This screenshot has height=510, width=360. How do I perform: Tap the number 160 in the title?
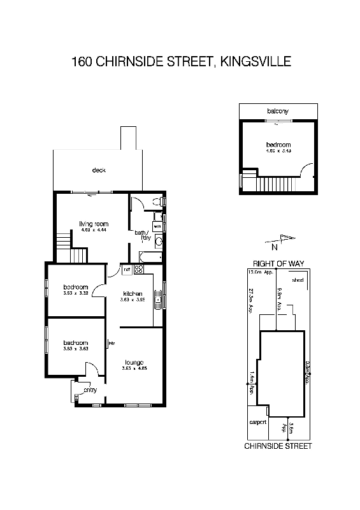[81, 62]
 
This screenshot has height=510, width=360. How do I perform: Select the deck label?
[98, 170]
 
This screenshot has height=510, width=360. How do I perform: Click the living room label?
[94, 224]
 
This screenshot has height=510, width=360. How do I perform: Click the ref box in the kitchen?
[127, 270]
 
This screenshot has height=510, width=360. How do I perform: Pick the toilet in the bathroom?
[157, 203]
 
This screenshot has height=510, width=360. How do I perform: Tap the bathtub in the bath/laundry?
[147, 258]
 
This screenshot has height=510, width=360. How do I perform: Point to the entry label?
[90, 391]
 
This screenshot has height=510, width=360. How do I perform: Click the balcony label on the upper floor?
[278, 111]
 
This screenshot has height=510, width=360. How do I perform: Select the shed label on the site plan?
[297, 279]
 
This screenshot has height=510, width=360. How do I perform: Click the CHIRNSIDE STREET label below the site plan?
[278, 446]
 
